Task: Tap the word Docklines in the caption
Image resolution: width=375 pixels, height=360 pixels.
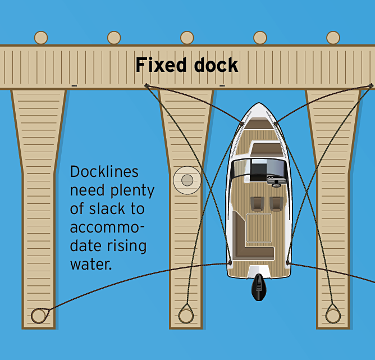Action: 104,172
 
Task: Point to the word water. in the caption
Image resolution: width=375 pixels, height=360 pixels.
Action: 91,264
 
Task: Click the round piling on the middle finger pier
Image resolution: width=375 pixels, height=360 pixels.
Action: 187,180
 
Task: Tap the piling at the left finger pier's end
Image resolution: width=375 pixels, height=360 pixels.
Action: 38,315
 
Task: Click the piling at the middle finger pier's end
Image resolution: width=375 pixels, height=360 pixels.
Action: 186,315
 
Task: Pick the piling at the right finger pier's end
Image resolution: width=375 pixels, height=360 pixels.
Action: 333,315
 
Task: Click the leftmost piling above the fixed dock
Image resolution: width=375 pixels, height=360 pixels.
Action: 41,38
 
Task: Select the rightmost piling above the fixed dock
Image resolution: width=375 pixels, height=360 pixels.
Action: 333,38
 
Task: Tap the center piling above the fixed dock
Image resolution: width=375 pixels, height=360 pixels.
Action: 187,38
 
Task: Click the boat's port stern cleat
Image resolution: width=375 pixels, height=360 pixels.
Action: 230,262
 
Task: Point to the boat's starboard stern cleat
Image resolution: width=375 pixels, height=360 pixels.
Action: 288,262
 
